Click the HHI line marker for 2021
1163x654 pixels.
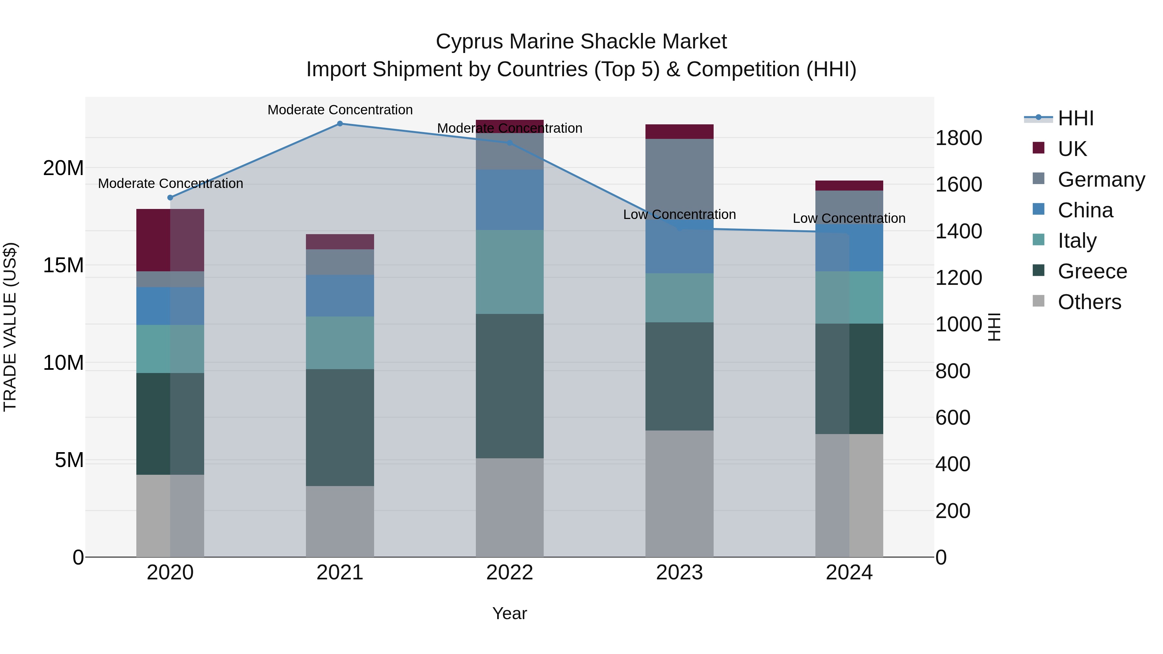point(340,124)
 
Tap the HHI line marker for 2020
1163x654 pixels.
point(170,198)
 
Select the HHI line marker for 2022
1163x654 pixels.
point(510,143)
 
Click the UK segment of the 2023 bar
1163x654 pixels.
point(679,131)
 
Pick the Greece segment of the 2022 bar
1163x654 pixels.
point(510,386)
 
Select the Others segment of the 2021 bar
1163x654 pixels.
point(340,521)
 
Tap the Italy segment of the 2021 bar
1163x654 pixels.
point(340,343)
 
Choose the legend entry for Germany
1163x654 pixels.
point(1101,179)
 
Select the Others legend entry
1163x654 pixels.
point(1089,302)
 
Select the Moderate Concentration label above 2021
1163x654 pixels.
point(340,110)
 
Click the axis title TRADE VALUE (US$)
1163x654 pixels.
point(10,327)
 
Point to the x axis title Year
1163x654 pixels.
point(510,613)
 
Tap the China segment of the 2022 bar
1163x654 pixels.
point(510,200)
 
